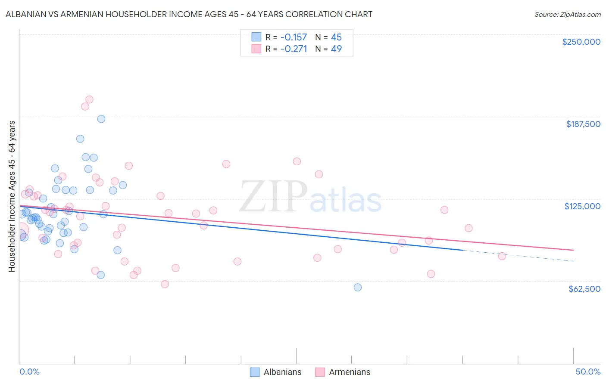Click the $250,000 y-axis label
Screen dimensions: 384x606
coord(581,42)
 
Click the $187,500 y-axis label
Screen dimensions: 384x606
coord(583,124)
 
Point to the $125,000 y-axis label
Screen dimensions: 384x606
coord(582,206)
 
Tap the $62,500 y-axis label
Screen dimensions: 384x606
coord(584,289)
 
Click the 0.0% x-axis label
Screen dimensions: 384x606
coord(30,372)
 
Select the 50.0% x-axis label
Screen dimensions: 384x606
coord(587,372)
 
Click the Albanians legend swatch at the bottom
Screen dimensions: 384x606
coord(255,372)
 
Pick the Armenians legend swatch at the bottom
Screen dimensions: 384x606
coord(320,372)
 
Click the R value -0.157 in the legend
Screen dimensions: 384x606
coord(294,37)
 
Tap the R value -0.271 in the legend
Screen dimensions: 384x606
coord(294,49)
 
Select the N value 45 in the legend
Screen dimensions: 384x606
coord(336,37)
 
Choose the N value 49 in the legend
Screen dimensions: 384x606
coord(336,49)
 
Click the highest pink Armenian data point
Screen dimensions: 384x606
coord(89,99)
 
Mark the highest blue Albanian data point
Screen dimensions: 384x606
coord(101,119)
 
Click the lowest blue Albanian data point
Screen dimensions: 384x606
coord(357,287)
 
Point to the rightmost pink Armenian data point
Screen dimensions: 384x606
coord(502,256)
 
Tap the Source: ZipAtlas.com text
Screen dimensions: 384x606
coord(567,14)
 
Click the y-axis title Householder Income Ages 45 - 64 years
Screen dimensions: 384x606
coord(12,196)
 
